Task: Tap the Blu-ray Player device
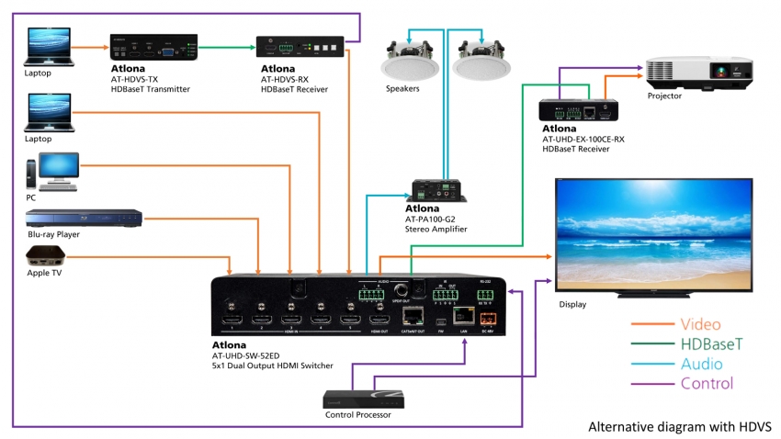tap(84, 218)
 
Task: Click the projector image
tap(686, 73)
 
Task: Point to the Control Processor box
tap(365, 399)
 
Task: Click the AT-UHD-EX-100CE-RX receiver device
tap(581, 111)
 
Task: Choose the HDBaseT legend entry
tap(712, 343)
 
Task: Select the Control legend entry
tap(707, 383)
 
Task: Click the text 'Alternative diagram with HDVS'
tap(680, 426)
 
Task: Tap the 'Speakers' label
tap(402, 89)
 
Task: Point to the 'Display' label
tap(572, 304)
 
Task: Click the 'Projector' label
tap(665, 96)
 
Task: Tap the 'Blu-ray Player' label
tap(52, 235)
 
